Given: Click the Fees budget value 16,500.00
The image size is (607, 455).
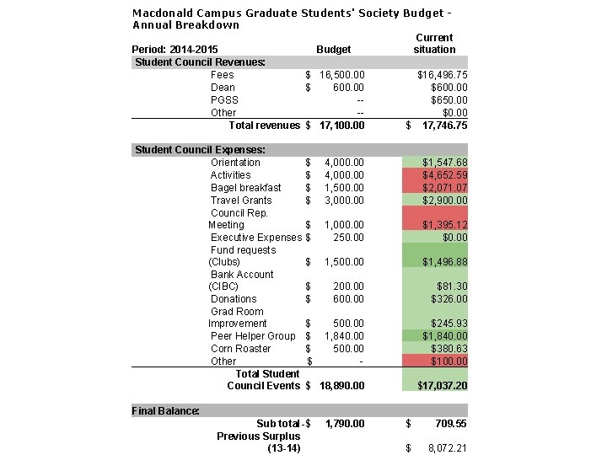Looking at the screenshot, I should (x=341, y=75).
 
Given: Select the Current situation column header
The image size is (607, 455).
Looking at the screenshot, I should (x=434, y=44).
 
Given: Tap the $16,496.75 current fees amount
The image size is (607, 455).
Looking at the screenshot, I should (x=443, y=75).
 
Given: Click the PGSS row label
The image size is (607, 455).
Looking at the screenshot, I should (x=224, y=100).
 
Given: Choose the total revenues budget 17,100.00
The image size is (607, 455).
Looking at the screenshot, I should (x=341, y=126).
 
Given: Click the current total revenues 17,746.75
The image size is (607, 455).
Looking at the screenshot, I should (x=444, y=126).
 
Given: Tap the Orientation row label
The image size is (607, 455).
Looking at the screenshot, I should (x=235, y=163).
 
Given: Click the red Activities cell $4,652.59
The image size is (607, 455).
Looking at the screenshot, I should (x=444, y=175).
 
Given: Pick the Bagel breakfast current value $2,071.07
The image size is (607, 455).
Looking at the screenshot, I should (x=444, y=188).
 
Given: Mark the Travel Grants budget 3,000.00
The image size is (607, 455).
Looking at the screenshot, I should (x=344, y=201).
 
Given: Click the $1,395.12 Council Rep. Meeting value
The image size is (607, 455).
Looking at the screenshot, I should (x=444, y=225).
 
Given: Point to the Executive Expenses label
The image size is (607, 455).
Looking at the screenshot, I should (x=255, y=238).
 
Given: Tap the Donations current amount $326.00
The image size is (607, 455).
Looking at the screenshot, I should (x=449, y=299).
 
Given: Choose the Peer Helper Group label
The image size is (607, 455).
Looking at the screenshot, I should (x=253, y=336).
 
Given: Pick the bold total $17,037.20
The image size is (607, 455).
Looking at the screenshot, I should (x=443, y=386).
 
